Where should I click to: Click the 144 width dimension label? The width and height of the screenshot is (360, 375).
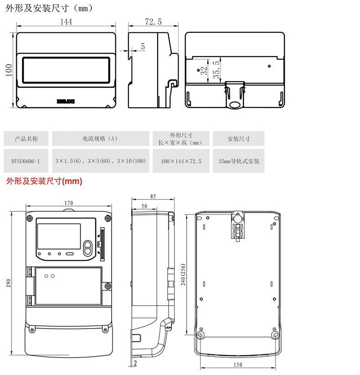click(x=67, y=21)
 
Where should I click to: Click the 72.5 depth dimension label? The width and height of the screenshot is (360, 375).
click(x=153, y=21)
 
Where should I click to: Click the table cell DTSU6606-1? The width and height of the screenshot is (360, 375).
click(x=26, y=161)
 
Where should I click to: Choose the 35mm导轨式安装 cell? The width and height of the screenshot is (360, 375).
click(x=239, y=161)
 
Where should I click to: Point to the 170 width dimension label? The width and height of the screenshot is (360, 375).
click(x=68, y=202)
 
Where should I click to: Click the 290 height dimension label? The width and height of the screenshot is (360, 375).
click(x=8, y=283)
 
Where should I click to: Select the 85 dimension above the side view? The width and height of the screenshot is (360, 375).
click(x=153, y=197)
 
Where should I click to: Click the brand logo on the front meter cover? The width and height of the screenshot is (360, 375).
click(x=66, y=98)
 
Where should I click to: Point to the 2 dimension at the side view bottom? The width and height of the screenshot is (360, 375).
click(x=136, y=363)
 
